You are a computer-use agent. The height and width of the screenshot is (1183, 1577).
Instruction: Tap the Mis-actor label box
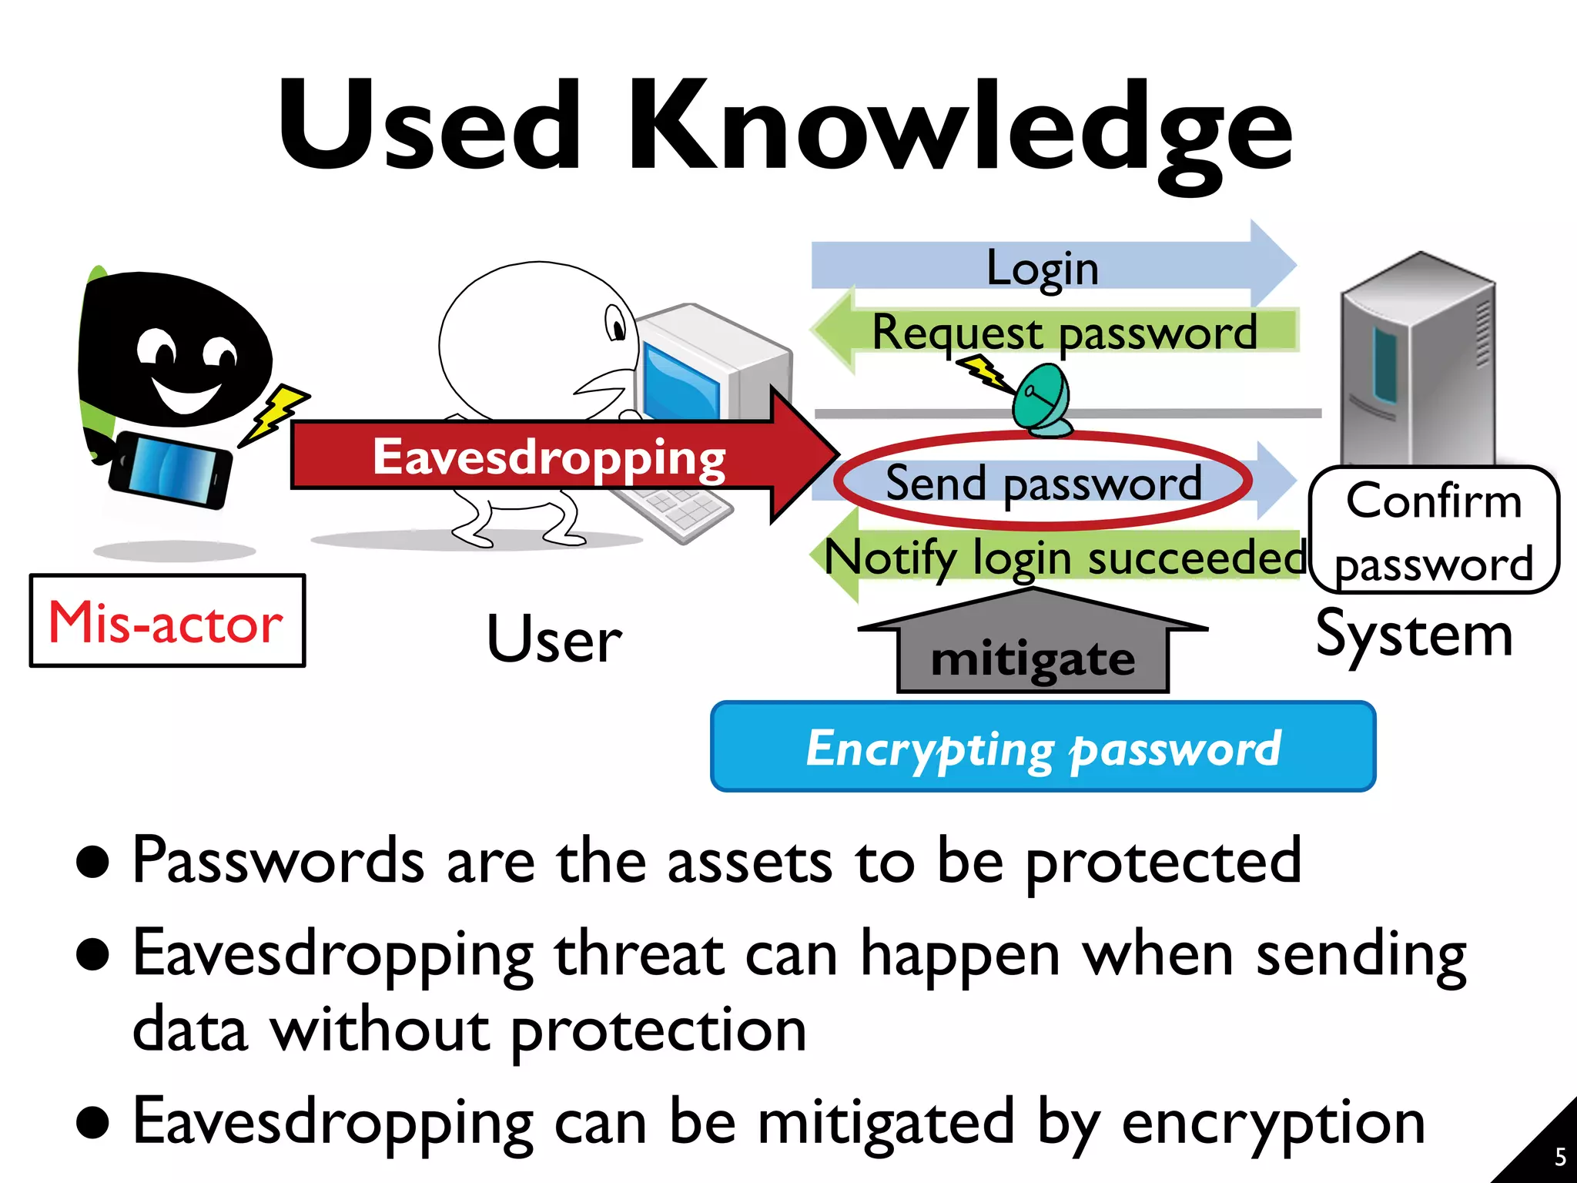[167, 621]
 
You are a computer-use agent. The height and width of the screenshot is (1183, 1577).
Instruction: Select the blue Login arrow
[1044, 266]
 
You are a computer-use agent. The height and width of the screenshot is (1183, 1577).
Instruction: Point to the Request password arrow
[1063, 332]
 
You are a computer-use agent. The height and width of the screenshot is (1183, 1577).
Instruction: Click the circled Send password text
[1043, 483]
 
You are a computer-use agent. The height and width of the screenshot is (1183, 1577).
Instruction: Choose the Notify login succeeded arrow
[1063, 557]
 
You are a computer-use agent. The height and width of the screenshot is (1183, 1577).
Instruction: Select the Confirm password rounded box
[1434, 531]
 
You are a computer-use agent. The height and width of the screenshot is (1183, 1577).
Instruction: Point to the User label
[554, 639]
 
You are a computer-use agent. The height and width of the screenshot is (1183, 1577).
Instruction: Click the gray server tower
[1417, 362]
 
